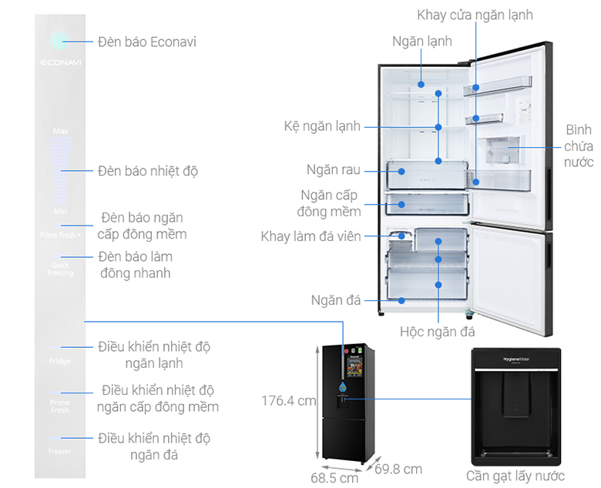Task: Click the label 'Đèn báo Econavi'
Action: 147,42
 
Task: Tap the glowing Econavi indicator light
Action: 59,40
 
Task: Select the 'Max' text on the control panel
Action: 60,131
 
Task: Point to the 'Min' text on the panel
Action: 60,211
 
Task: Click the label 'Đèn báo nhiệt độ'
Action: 148,171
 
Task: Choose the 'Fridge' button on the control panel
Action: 59,361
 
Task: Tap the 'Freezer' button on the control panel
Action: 59,451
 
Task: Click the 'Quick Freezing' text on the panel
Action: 59,269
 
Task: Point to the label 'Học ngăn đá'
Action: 438,333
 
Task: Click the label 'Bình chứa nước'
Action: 578,146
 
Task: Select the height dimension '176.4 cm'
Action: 289,401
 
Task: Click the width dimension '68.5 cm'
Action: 334,478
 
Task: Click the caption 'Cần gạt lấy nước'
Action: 515,476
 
